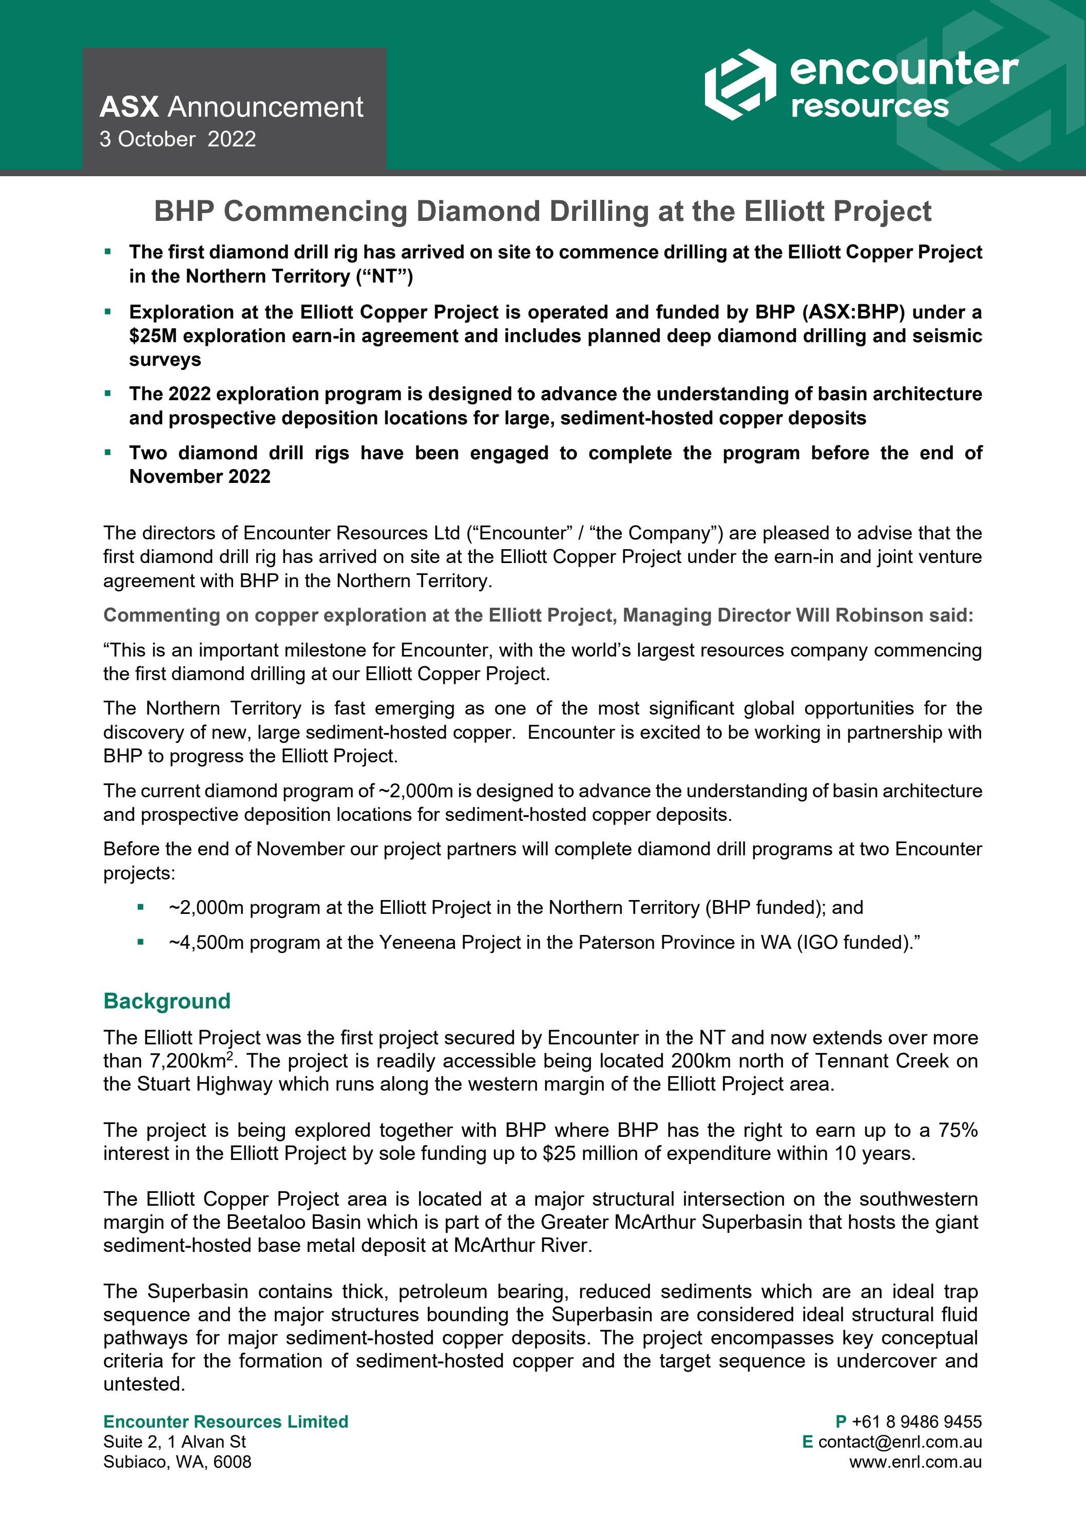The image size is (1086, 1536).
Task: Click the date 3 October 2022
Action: click(177, 139)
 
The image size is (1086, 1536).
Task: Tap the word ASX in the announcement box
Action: click(129, 107)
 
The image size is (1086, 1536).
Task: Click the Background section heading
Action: click(166, 1001)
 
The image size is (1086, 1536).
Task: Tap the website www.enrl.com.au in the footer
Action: click(916, 1462)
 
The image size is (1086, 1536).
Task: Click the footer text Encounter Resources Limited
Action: click(225, 1421)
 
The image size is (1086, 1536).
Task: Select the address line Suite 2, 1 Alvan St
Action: click(174, 1441)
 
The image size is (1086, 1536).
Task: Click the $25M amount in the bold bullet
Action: click(153, 336)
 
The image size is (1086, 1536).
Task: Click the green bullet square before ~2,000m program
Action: click(140, 908)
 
